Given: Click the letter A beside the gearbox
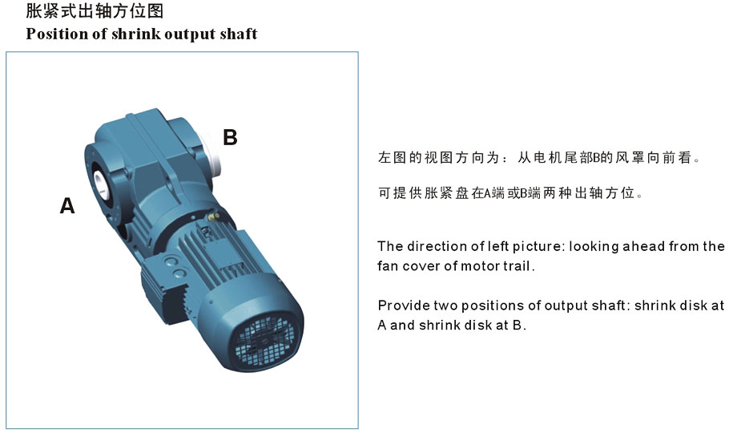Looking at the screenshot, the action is coord(67,205).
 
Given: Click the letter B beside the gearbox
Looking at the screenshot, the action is coord(230,137).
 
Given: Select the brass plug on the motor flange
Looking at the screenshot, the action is coord(215,216).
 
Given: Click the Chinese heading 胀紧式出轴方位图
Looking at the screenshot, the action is coord(95,10).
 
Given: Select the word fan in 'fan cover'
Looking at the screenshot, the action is coord(387,266).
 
